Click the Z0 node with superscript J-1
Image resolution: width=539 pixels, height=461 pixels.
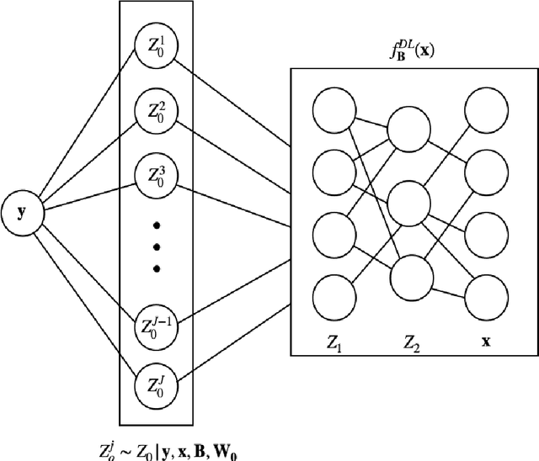click(x=156, y=325)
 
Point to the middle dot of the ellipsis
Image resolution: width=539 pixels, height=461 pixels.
click(x=156, y=246)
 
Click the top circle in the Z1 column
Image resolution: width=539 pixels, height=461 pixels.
click(x=331, y=109)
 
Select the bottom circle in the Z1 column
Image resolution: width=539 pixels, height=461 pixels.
click(x=331, y=299)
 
